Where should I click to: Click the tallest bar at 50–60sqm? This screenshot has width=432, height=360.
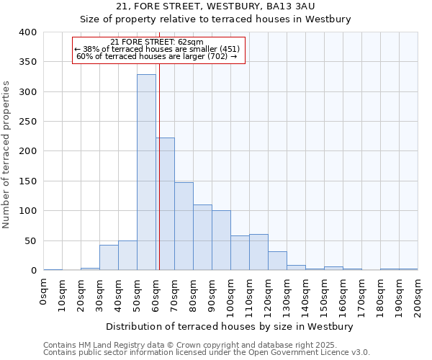tap(146, 173)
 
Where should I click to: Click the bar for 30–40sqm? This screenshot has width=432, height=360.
tap(109, 258)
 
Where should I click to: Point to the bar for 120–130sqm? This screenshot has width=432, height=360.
tap(277, 261)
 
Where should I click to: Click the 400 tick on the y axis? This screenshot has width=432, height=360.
tap(27, 32)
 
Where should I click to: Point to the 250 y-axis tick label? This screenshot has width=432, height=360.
tap(27, 122)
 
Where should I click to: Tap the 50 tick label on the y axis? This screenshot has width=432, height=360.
tap(30, 241)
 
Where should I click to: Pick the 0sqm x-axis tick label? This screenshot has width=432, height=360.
tap(44, 292)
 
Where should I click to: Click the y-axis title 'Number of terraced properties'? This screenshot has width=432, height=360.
tap(6, 154)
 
